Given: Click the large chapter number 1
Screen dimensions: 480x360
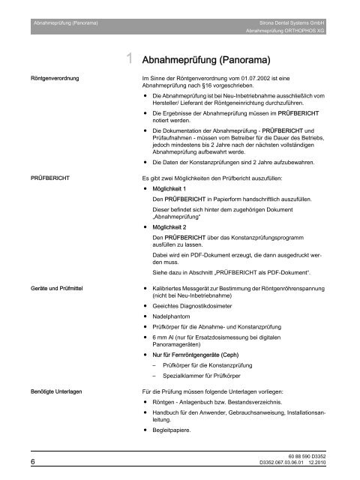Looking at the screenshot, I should coord(130,57).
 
